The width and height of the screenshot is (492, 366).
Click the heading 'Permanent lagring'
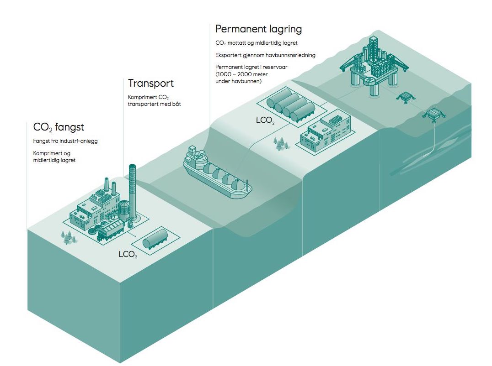pyautogui.click(x=258, y=29)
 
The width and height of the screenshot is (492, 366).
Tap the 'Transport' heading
pyautogui.click(x=151, y=84)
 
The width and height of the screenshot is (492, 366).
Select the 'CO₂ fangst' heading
pyautogui.click(x=59, y=126)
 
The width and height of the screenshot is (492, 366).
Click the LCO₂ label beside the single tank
pyautogui.click(x=128, y=254)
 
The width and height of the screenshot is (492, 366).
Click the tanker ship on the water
pyautogui.click(x=217, y=176)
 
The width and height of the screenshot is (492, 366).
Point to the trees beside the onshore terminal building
pyautogui.click(x=281, y=144)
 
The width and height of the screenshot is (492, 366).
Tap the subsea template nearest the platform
pyautogui.click(x=405, y=97)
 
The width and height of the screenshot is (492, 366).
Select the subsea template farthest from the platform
pyautogui.click(x=434, y=114)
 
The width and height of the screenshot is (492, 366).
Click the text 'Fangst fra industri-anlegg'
pyautogui.click(x=65, y=141)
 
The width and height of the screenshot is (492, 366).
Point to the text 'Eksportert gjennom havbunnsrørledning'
pyautogui.click(x=265, y=55)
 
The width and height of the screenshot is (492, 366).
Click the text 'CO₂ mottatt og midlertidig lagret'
pyautogui.click(x=257, y=43)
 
